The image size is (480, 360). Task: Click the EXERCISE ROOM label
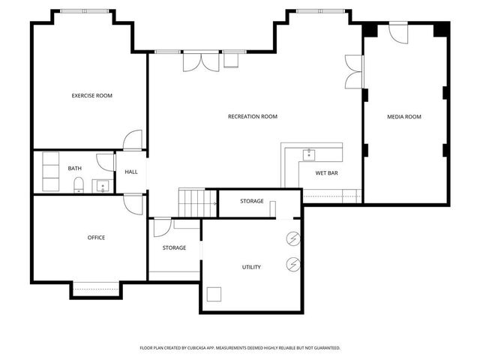[x=91, y=96]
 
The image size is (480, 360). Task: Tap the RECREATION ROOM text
[x=253, y=116]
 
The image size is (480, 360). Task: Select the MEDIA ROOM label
[x=403, y=116]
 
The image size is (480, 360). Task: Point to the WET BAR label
[x=326, y=173]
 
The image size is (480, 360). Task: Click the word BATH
[x=75, y=169]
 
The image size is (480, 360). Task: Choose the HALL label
[x=131, y=172]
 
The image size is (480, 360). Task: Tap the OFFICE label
[x=96, y=238]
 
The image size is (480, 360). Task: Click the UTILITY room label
[x=251, y=267]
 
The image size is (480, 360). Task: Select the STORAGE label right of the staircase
[x=251, y=201]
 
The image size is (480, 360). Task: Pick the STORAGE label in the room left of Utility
[x=174, y=247]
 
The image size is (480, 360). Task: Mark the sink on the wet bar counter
[x=309, y=154]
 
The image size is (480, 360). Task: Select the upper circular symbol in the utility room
[x=292, y=239]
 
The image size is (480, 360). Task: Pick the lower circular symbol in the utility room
[x=292, y=264]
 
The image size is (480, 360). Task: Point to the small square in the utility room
[x=215, y=294]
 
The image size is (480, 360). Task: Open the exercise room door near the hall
[x=133, y=140]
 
